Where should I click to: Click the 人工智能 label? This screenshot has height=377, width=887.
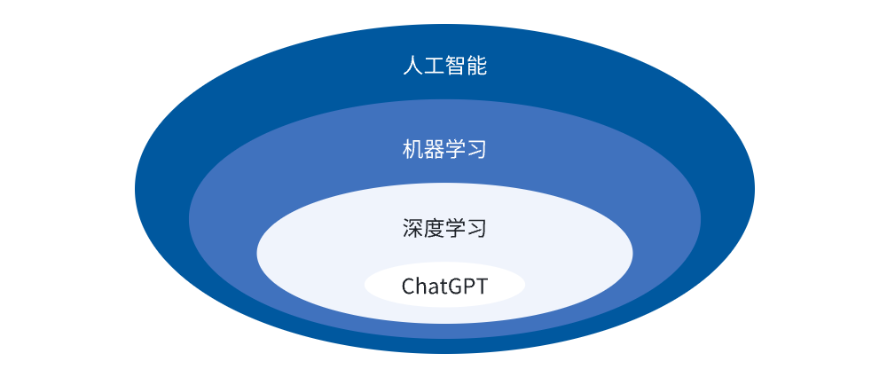(444, 66)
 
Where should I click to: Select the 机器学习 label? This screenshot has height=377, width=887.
(444, 149)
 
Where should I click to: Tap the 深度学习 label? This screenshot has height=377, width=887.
(444, 229)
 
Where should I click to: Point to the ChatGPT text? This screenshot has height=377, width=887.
(444, 287)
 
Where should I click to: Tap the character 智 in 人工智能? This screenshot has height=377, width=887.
(455, 66)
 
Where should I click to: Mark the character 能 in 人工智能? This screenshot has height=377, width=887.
(476, 66)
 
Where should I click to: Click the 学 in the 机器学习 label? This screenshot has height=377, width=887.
(455, 149)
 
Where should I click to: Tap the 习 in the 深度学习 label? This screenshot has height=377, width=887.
(476, 229)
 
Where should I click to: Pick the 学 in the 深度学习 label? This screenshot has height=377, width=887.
(455, 229)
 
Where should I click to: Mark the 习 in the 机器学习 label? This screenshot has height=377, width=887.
(476, 149)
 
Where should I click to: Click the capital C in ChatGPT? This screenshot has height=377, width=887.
(408, 287)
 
